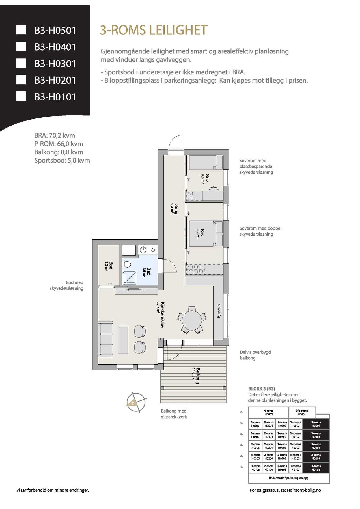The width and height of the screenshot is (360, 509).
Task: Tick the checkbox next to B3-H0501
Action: point(21,30)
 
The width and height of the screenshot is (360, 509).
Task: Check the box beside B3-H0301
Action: point(21,63)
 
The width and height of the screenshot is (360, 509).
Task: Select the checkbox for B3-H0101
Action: point(21,96)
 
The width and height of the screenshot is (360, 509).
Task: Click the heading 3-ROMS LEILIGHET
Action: point(154,30)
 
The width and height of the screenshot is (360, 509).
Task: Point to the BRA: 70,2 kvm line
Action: point(55,135)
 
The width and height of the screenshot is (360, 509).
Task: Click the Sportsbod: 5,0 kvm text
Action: point(62,161)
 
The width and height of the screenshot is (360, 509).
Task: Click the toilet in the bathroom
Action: point(127,264)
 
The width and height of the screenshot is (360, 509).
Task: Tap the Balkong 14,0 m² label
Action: point(196,376)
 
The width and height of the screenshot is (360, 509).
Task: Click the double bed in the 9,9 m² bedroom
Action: point(206,233)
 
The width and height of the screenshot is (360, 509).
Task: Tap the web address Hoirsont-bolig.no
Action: point(304,490)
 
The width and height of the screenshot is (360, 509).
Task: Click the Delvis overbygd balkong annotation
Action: point(255,355)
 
